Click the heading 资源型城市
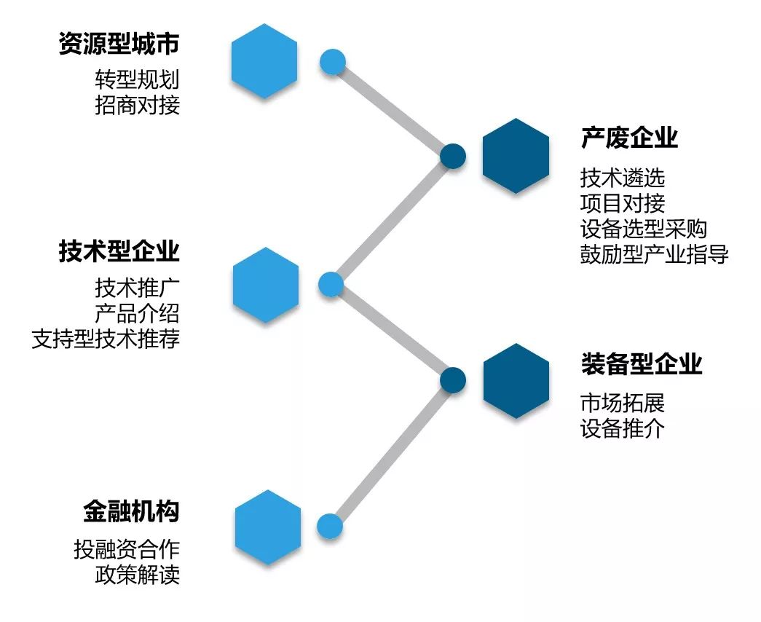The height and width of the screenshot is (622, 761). tap(119, 44)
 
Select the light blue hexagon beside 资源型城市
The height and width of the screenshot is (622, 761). tap(264, 61)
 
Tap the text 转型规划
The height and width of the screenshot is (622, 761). tap(137, 79)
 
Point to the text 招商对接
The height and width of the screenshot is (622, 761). tap(137, 105)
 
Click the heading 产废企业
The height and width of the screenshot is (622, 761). tap(629, 138)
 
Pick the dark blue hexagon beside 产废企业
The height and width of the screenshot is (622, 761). tap(516, 156)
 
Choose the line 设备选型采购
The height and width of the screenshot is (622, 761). tap(643, 228)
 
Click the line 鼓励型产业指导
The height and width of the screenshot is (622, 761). tap(654, 254)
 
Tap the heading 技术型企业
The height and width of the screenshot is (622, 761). tap(119, 252)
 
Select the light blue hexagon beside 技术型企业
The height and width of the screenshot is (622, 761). tap(266, 285)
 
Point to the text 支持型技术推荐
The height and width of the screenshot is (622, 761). tap(106, 339)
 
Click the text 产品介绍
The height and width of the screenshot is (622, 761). tap(137, 313)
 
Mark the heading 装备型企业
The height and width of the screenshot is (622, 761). tap(641, 363)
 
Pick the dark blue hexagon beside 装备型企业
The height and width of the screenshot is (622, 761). tap(516, 381)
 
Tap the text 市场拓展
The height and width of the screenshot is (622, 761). tap(623, 402)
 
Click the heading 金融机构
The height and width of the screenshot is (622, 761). tap(131, 511)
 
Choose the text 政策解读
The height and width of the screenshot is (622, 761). tap(137, 575)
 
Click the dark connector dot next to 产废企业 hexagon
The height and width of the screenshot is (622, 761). tap(452, 155)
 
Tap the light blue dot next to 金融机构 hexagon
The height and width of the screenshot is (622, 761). tap(330, 526)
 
